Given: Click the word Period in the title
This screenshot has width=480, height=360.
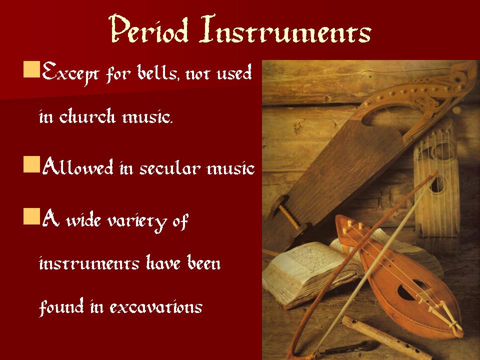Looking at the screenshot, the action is click(x=148, y=28).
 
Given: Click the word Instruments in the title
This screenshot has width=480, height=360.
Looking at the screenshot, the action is click(x=285, y=29).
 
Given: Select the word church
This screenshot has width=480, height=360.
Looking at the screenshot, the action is click(x=87, y=116).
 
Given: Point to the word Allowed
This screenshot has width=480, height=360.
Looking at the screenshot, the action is click(x=78, y=167).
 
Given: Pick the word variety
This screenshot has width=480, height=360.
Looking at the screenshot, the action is click(x=137, y=221).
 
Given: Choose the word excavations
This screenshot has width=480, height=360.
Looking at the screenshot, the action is click(x=156, y=307).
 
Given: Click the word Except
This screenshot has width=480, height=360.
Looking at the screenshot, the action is click(x=70, y=73).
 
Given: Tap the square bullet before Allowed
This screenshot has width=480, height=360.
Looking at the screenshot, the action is click(x=32, y=164).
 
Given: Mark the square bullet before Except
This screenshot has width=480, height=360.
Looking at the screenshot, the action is click(x=32, y=69).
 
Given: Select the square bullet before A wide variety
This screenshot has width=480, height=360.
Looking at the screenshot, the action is click(x=32, y=216).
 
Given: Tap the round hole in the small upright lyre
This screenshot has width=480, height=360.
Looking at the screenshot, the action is click(x=438, y=185).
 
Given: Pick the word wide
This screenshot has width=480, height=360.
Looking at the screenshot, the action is click(x=83, y=220).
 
